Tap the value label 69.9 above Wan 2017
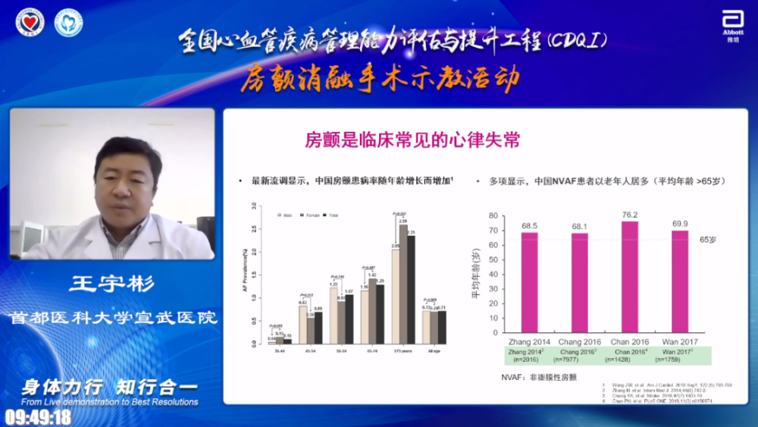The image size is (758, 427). (x=680, y=224)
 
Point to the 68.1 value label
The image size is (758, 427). (x=579, y=226)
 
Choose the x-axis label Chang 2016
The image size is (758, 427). (x=580, y=342)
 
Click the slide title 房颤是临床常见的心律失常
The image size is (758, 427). (x=412, y=140)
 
